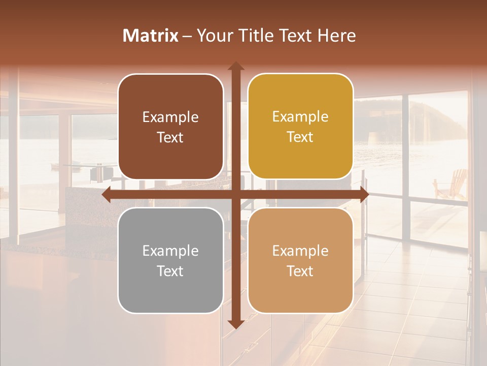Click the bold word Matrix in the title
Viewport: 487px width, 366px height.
point(151,36)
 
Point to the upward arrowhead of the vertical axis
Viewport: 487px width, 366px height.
point(235,66)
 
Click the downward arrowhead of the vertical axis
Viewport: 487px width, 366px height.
point(235,324)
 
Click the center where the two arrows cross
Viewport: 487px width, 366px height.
point(235,194)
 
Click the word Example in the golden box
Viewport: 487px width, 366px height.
point(300,117)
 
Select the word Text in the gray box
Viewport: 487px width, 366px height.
point(170,271)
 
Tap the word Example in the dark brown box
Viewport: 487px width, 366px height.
point(170,117)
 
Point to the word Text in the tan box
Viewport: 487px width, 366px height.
point(300,271)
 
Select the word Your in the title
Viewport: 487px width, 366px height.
point(213,36)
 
